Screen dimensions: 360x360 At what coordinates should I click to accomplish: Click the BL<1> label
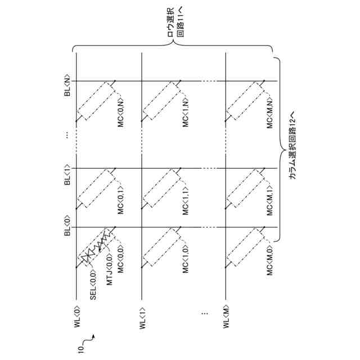(67, 174)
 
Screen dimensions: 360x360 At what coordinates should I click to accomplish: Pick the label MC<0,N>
(120, 111)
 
